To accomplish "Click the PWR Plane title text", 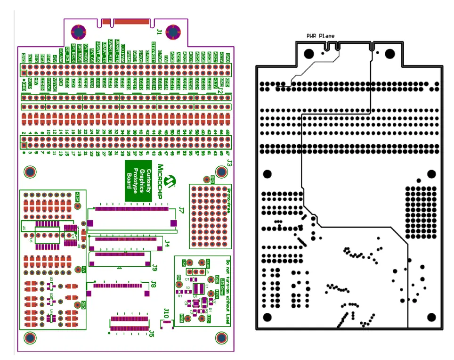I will [x=320, y=35].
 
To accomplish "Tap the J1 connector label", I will [x=159, y=32].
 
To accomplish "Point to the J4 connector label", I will [x=167, y=243].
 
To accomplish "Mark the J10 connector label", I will [x=166, y=312].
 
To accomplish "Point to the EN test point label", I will [x=178, y=278].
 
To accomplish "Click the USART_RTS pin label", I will [x=111, y=50].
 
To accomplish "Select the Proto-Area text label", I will [x=229, y=198].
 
